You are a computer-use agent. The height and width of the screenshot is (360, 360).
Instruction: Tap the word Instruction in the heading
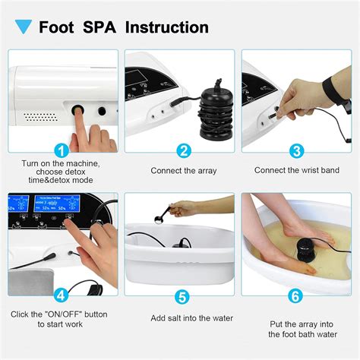click(166, 28)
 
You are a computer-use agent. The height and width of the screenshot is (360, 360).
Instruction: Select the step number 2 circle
click(182, 150)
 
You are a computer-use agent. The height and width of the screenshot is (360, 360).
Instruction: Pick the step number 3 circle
click(296, 150)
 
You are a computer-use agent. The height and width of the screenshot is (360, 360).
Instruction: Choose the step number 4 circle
click(62, 294)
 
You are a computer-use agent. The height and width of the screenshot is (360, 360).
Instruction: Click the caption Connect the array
click(182, 170)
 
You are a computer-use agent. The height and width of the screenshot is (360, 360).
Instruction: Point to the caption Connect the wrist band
click(295, 170)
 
